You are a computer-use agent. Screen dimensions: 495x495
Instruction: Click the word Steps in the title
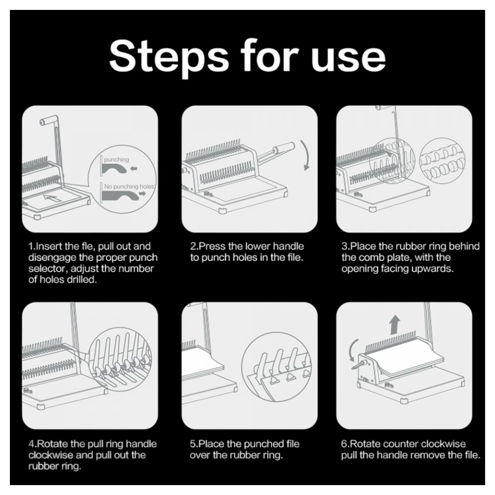click(x=169, y=57)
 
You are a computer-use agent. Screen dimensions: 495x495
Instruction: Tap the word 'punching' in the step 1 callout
click(x=116, y=159)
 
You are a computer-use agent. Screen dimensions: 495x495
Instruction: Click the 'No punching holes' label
click(x=129, y=186)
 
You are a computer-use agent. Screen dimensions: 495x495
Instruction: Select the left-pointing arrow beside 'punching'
click(x=134, y=169)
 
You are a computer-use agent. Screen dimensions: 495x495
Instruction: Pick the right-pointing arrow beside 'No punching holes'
click(x=143, y=194)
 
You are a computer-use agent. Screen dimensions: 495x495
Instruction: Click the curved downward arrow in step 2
click(x=306, y=155)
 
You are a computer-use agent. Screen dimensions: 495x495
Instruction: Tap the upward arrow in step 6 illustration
click(x=395, y=325)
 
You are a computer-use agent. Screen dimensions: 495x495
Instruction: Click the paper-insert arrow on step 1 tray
click(x=51, y=198)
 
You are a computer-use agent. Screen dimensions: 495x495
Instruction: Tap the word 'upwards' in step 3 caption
click(x=434, y=269)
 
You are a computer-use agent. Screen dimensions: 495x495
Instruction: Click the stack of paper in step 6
click(x=406, y=357)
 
